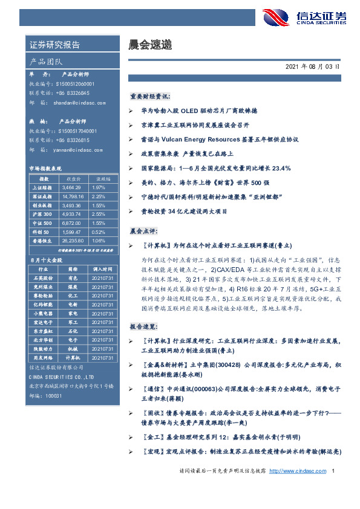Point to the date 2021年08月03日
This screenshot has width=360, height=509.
tap(312, 66)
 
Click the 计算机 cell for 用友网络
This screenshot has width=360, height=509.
tap(73, 358)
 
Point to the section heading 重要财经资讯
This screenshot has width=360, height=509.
tap(150, 96)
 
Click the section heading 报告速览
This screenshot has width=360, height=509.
tap(143, 325)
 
